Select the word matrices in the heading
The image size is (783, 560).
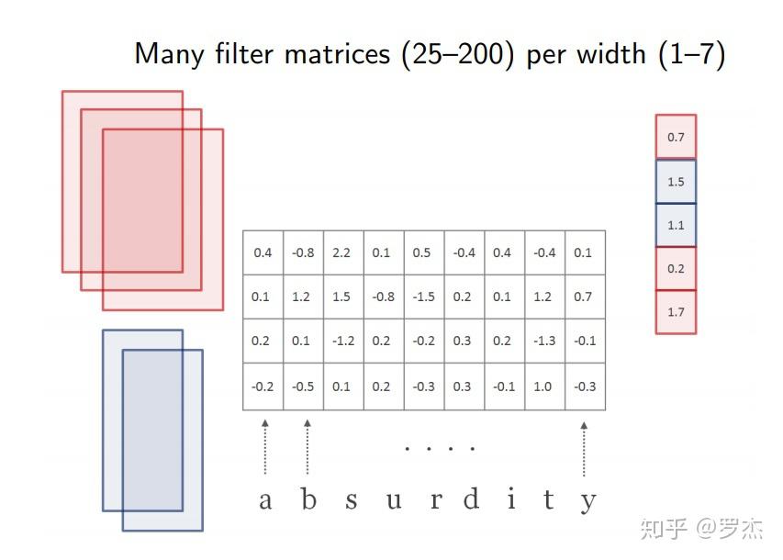[337, 54]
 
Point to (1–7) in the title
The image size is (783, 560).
[692, 54]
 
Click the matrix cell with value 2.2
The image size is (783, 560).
[341, 252]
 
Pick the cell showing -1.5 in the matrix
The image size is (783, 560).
[422, 297]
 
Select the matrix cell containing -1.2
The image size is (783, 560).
[341, 341]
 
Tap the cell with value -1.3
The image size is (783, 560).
[544, 341]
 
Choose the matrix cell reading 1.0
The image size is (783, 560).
[544, 386]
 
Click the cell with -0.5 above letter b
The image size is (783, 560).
[303, 386]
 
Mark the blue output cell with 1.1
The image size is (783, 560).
[676, 225]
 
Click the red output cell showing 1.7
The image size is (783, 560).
[676, 312]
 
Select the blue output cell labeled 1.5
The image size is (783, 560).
[676, 182]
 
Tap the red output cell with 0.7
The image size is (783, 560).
[676, 137]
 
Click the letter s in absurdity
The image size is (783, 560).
[351, 501]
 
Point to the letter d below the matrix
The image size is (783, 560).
[471, 499]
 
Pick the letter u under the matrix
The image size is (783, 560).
[393, 501]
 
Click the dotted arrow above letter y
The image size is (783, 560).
[584, 448]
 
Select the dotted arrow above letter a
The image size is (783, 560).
[264, 447]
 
